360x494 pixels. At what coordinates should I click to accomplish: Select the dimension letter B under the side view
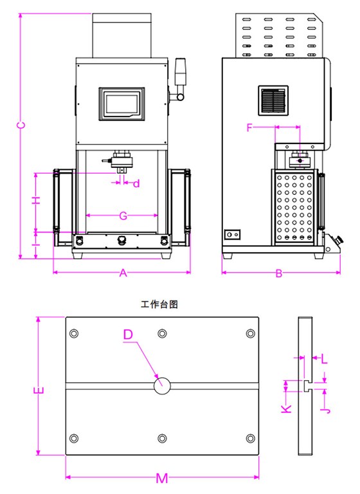point(278,273)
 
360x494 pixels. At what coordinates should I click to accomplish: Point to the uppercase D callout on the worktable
point(128,334)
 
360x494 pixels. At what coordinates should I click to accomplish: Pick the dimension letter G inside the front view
point(123,216)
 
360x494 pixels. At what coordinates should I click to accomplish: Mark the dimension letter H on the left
point(37,200)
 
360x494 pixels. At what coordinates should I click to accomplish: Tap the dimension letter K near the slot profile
point(287,407)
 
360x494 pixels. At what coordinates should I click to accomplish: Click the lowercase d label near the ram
point(136,184)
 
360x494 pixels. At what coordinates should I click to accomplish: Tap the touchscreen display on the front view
point(124,104)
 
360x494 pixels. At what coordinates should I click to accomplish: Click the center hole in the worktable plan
point(162,386)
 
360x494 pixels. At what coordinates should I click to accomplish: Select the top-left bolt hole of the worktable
point(75,333)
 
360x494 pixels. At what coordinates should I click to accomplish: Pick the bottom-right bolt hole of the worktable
point(249,438)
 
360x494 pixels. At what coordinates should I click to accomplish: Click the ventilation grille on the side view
point(274,101)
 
